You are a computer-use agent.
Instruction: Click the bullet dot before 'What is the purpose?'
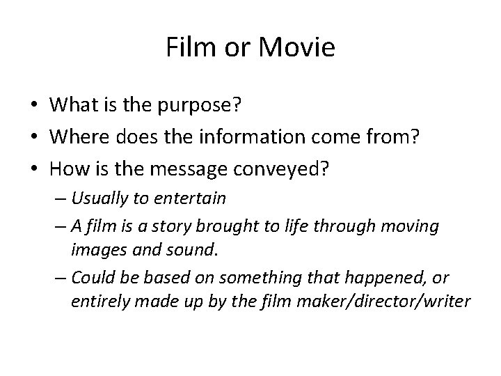(33, 105)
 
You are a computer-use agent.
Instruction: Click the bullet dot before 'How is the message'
(33, 169)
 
